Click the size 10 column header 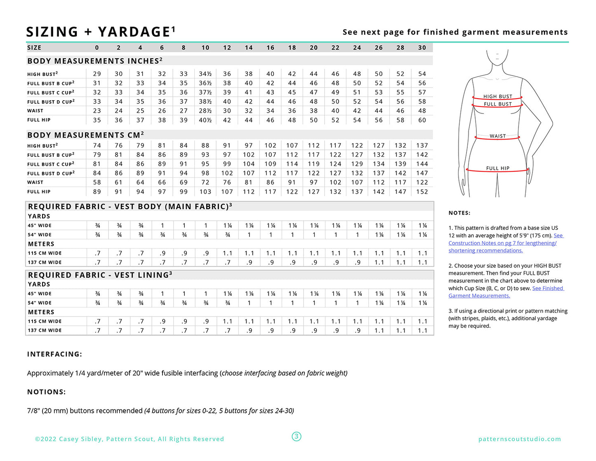[205, 48]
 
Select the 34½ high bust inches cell [205, 74]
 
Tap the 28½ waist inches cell [205, 111]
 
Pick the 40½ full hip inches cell [205, 120]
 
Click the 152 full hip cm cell [422, 191]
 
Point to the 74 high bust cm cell [97, 146]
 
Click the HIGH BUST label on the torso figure [497, 97]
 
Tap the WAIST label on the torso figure [497, 136]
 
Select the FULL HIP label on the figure [497, 168]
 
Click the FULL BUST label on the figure [497, 104]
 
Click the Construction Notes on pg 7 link [502, 243]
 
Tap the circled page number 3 [297, 437]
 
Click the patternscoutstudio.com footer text [519, 439]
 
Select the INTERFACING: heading [54, 354]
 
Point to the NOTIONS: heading [47, 392]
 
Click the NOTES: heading [459, 213]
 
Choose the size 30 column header [422, 48]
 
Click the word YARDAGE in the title [134, 32]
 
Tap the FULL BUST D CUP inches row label [51, 102]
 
